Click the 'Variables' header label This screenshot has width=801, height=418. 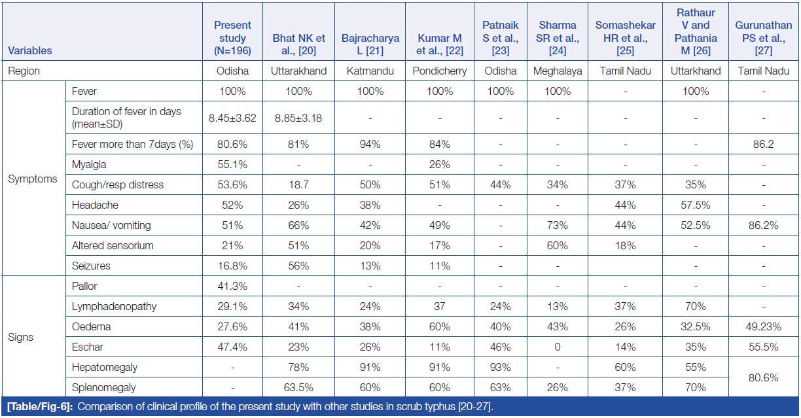[x=30, y=50]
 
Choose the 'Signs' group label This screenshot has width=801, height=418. [x=21, y=338]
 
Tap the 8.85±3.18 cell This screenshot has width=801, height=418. [x=298, y=118]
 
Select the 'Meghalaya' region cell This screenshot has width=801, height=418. [x=558, y=71]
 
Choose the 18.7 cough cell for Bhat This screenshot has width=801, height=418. [x=298, y=184]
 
